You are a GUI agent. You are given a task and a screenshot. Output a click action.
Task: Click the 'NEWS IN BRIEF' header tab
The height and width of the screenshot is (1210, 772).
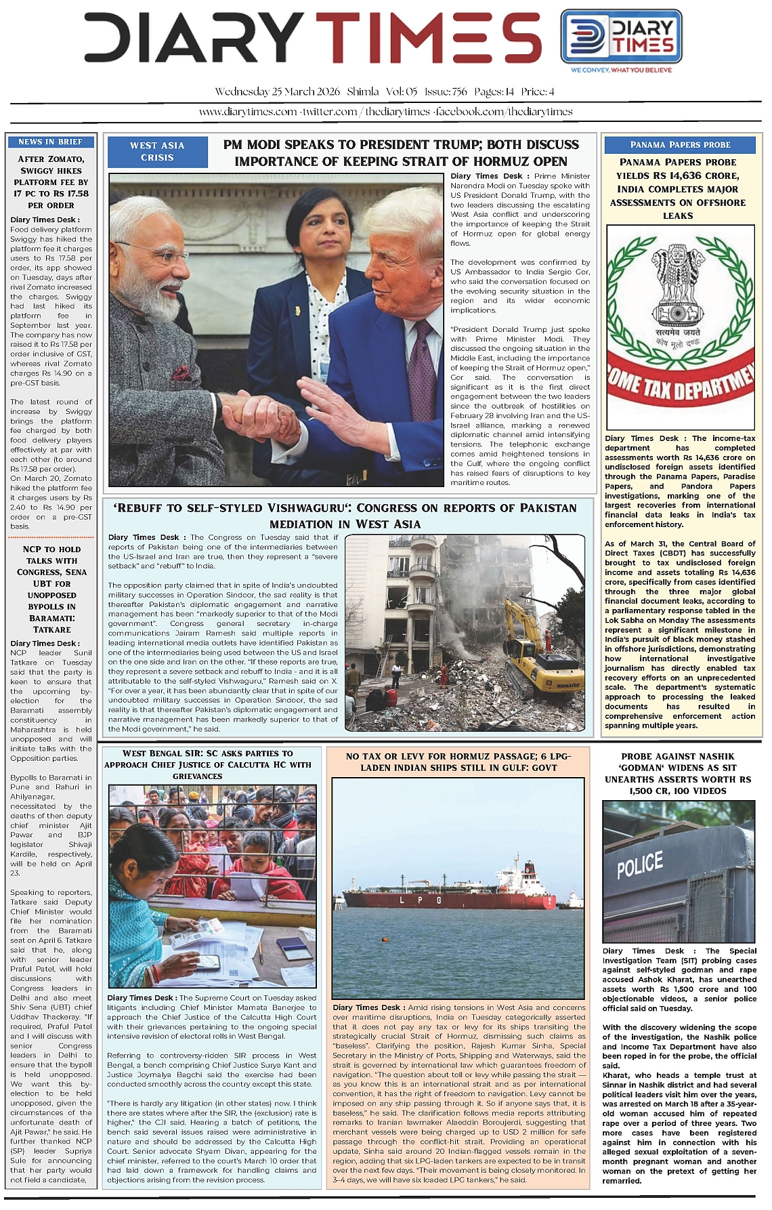coord(51,142)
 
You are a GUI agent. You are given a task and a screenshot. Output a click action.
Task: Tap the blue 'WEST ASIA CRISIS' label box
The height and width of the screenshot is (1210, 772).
coord(157,151)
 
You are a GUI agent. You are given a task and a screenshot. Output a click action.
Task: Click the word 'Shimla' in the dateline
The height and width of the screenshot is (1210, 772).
coord(362,91)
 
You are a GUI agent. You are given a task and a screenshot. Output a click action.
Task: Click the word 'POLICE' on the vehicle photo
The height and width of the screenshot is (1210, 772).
coord(639,864)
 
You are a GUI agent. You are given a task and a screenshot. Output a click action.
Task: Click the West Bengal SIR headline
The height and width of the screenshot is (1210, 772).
coord(207,764)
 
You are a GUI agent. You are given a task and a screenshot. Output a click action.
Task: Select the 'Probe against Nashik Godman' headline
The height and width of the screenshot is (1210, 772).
coord(678,773)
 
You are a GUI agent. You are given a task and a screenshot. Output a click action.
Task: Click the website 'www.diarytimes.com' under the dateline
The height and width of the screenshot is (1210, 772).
coord(248,112)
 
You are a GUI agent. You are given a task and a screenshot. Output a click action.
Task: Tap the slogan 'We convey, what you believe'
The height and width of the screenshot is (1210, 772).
coord(621,70)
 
